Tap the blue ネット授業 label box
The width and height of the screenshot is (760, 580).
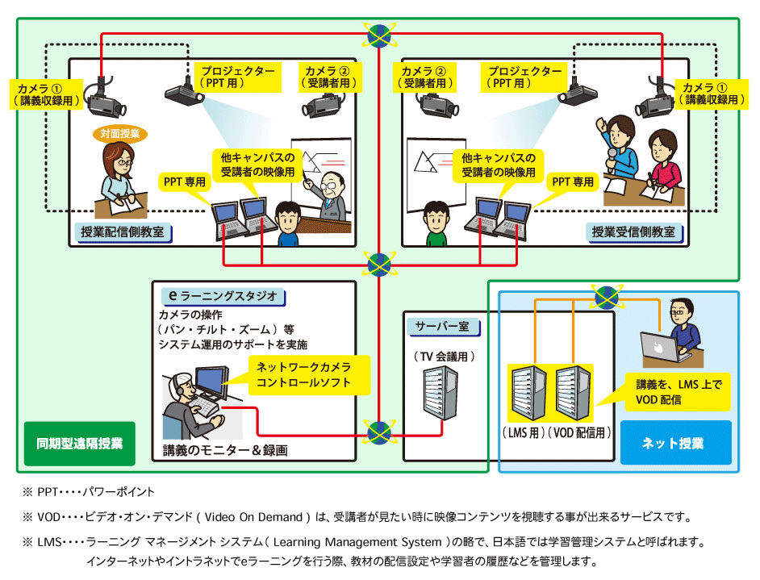(x=675, y=443)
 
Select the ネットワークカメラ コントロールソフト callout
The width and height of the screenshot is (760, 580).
(x=308, y=375)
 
